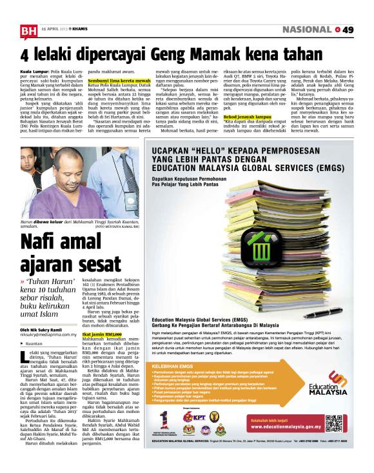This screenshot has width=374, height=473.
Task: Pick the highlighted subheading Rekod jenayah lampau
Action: point(248,117)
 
